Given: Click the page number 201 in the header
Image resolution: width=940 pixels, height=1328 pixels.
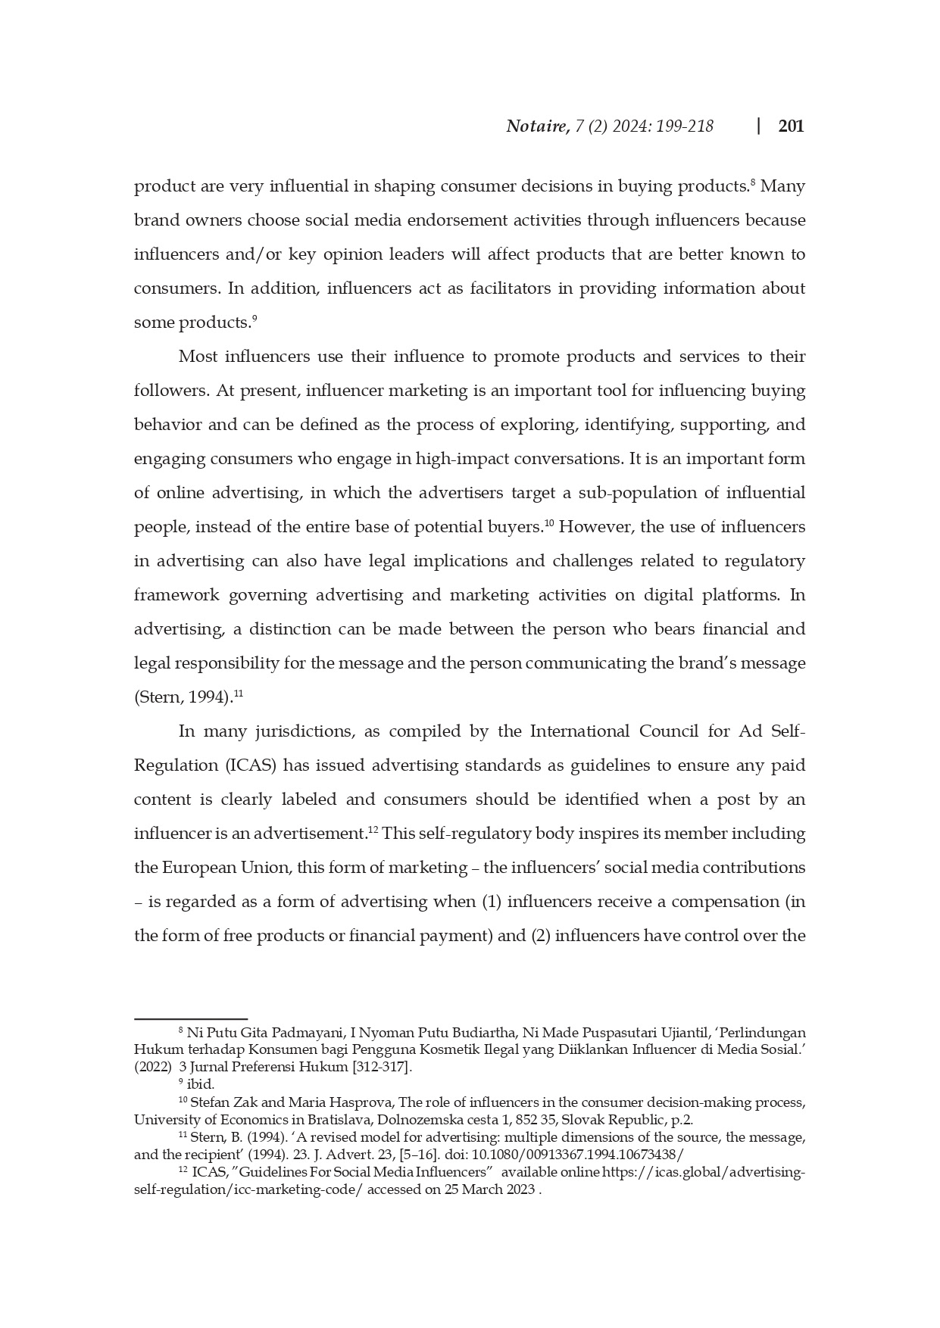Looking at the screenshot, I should (x=791, y=126).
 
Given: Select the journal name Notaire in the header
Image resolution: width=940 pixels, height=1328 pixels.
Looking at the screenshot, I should (x=537, y=126).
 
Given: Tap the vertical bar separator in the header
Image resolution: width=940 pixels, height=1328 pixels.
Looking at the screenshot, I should (x=758, y=126).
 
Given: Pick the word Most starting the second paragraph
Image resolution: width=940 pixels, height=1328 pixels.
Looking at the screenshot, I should (x=196, y=357).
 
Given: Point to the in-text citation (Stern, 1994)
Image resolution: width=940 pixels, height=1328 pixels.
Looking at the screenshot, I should (x=183, y=697).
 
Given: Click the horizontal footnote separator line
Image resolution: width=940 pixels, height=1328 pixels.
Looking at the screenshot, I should (x=191, y=1019).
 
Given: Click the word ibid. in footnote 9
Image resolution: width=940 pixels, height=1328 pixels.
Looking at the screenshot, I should (x=201, y=1084).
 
